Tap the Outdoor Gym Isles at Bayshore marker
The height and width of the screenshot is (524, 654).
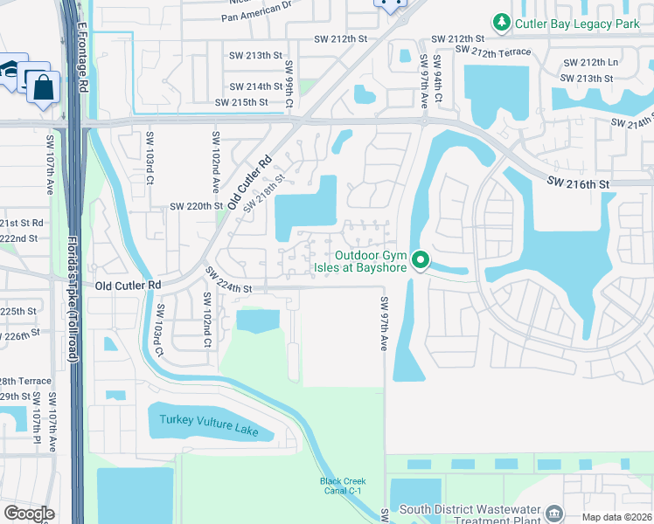420,260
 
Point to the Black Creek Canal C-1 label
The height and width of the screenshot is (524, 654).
343,486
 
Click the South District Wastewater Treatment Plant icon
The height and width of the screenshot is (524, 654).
554,511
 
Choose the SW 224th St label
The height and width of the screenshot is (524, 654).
229,281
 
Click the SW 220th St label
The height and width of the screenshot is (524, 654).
197,206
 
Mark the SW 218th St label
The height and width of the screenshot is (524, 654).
265,192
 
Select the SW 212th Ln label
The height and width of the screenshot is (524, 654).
590,63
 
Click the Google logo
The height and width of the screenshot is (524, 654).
29,513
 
